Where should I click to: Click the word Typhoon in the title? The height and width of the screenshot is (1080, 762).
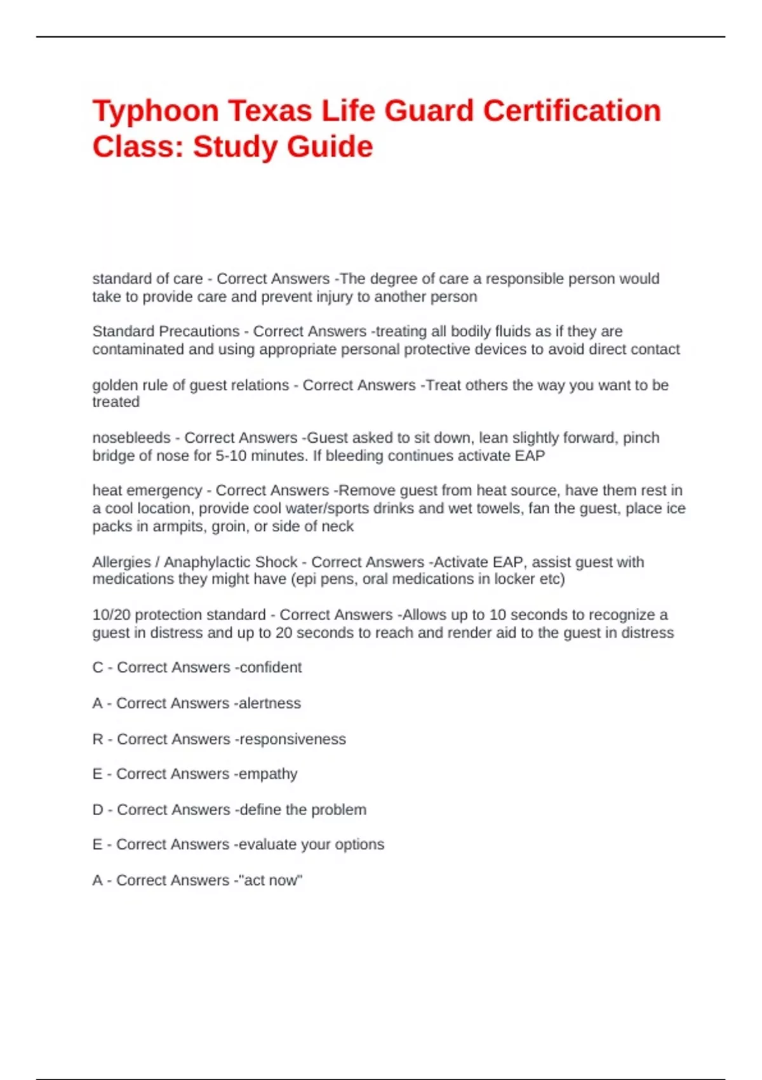pyautogui.click(x=155, y=111)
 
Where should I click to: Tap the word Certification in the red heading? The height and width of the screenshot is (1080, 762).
pyautogui.click(x=571, y=111)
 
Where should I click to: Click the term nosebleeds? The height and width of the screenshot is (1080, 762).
pyautogui.click(x=131, y=438)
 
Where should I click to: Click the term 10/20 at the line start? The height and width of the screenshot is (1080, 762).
pyautogui.click(x=111, y=614)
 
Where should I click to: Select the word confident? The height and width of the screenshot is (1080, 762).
pyautogui.click(x=271, y=667)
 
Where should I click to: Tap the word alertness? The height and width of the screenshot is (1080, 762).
pyautogui.click(x=270, y=703)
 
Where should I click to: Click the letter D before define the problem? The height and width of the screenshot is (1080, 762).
pyautogui.click(x=97, y=809)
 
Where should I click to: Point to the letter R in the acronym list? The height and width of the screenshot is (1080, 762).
pyautogui.click(x=97, y=739)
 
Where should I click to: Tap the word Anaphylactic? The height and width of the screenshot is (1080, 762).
pyautogui.click(x=231, y=562)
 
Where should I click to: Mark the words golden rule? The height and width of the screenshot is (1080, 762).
pyautogui.click(x=130, y=385)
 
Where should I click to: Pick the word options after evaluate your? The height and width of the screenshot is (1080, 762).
pyautogui.click(x=360, y=844)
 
